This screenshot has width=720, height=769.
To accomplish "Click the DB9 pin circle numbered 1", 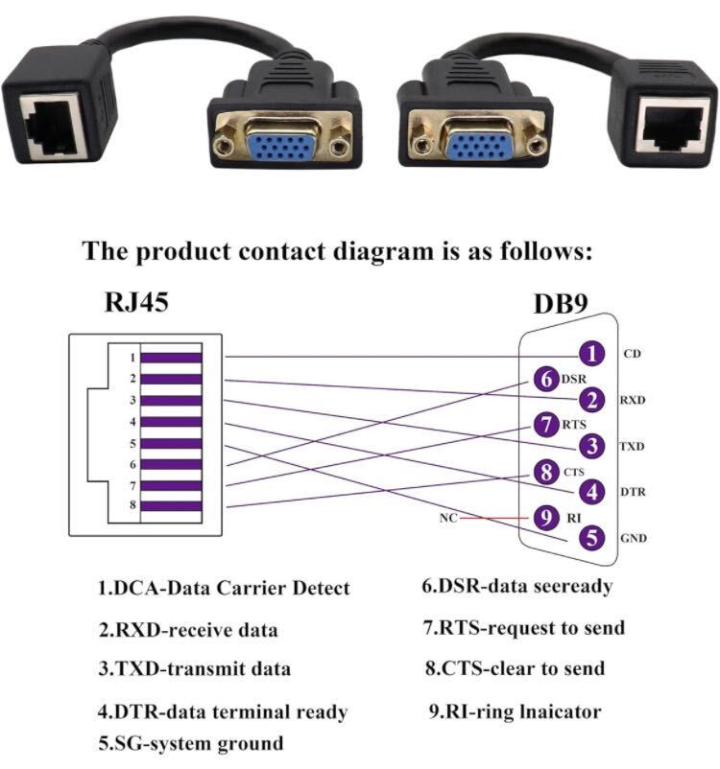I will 594,355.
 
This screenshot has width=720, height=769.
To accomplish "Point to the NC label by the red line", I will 446,518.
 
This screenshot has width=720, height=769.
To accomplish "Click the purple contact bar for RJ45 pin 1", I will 171,358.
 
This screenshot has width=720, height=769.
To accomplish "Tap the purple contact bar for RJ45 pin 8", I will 171,505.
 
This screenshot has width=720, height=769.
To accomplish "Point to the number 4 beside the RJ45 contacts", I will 132,421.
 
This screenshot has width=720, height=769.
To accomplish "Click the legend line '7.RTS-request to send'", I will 524,628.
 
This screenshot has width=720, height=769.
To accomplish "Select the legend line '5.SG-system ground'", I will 190,743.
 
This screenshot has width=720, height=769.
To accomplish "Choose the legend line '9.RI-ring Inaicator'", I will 514,711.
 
